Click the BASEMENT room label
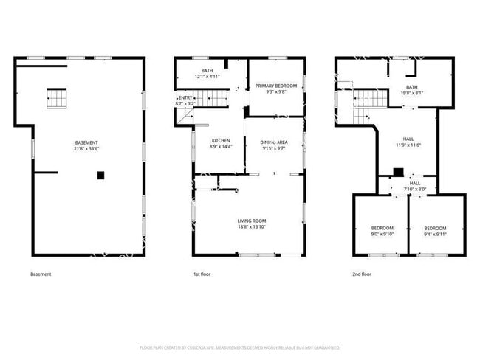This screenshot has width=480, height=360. (x=86, y=142)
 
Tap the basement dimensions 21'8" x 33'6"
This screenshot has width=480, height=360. (x=86, y=149)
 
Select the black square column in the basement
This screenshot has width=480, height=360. (x=100, y=175)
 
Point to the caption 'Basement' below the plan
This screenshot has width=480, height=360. (x=41, y=274)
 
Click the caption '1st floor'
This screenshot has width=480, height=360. (x=202, y=274)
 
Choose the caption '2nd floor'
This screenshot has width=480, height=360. (x=362, y=274)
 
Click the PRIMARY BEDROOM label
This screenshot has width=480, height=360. (x=275, y=86)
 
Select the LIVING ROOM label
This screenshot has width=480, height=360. (x=251, y=221)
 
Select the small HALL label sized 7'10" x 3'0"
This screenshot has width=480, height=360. (x=414, y=183)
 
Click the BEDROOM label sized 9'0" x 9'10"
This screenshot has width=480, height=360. (x=382, y=228)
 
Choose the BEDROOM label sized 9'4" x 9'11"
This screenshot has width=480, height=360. (x=436, y=228)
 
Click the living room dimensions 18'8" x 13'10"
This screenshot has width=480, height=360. (x=251, y=227)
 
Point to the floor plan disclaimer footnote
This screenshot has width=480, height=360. (x=239, y=347)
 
